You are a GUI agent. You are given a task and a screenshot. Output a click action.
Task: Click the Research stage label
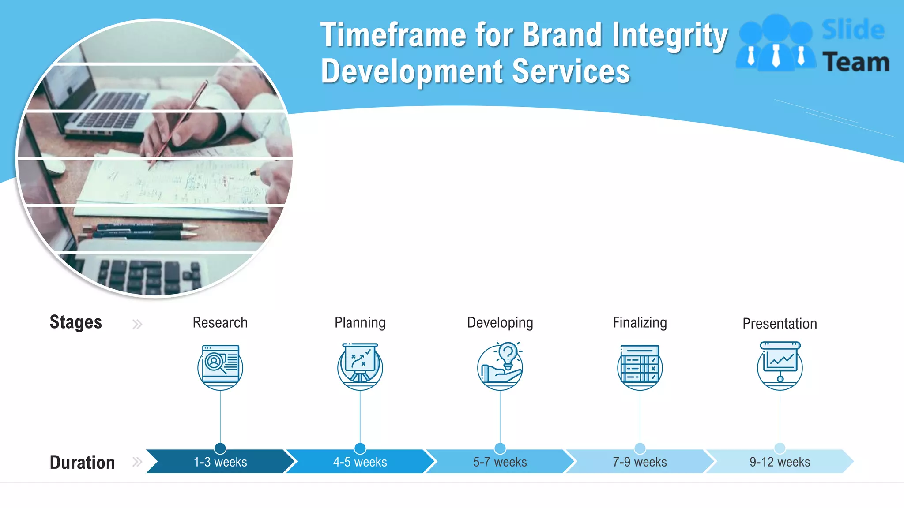click(220, 323)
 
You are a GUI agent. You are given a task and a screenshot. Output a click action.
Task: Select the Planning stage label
click(360, 323)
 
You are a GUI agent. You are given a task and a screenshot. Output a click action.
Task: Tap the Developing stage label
click(500, 323)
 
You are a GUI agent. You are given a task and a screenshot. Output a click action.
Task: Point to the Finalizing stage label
click(640, 323)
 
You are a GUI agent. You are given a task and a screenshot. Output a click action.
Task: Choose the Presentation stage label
click(780, 324)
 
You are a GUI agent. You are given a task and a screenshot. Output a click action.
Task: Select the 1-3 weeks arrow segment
click(220, 462)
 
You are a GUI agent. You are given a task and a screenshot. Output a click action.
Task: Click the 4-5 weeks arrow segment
click(360, 462)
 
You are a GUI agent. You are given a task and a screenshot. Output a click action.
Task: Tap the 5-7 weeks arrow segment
click(500, 462)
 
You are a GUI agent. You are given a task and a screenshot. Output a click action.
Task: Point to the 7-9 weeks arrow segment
click(640, 462)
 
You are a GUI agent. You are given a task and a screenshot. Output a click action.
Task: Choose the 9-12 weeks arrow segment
click(780, 462)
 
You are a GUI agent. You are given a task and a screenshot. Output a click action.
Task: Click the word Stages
click(75, 322)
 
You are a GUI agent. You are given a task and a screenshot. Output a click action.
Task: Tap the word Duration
click(82, 462)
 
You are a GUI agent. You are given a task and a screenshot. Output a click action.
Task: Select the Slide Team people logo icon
click(776, 43)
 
